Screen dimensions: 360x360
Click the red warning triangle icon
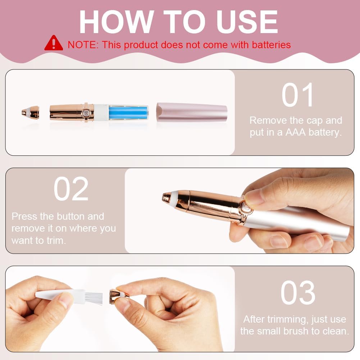tap(54, 43)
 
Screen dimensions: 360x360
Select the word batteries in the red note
tap(272, 45)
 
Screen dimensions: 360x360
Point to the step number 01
tap(297, 95)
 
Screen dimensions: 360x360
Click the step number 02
tap(71, 189)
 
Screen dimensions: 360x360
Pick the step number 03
tap(298, 292)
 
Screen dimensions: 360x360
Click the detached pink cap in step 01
tap(192, 112)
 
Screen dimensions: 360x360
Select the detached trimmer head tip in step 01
tap(30, 112)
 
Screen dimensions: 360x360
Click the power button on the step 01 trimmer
tap(86, 113)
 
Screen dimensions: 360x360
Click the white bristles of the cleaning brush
tap(94, 298)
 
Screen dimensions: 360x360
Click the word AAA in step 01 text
tap(295, 132)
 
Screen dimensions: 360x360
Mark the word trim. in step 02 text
tap(56, 241)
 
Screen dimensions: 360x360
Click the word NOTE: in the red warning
tap(83, 45)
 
